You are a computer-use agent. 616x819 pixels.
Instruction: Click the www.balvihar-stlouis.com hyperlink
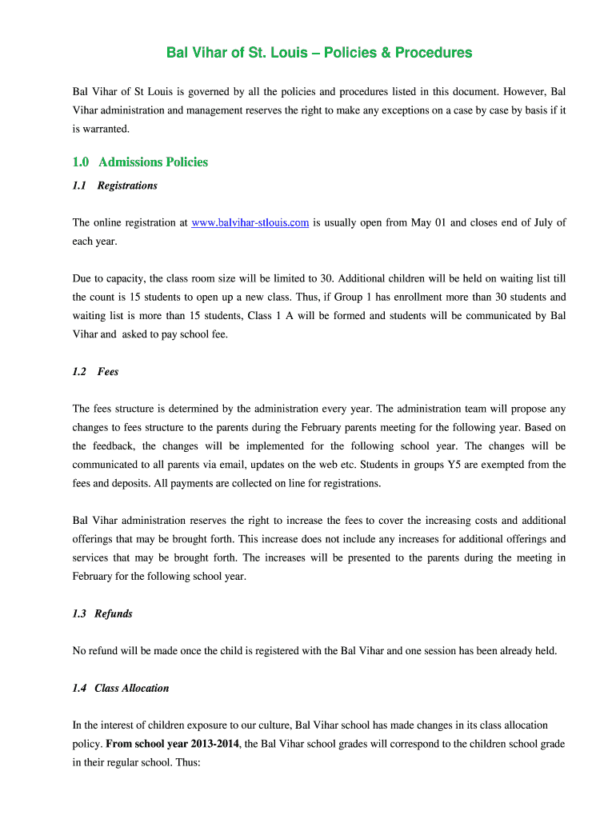[x=250, y=222]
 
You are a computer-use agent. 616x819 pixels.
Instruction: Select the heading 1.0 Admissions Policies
[x=140, y=162]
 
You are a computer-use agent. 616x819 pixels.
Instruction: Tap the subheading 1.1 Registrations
[x=114, y=186]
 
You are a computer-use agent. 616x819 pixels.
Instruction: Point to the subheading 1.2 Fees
[x=95, y=371]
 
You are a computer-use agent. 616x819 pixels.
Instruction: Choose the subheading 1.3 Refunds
[x=102, y=613]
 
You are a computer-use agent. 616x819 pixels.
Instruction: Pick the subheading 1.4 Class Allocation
[x=120, y=688]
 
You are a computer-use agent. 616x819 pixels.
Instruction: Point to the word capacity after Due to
[x=128, y=278]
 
